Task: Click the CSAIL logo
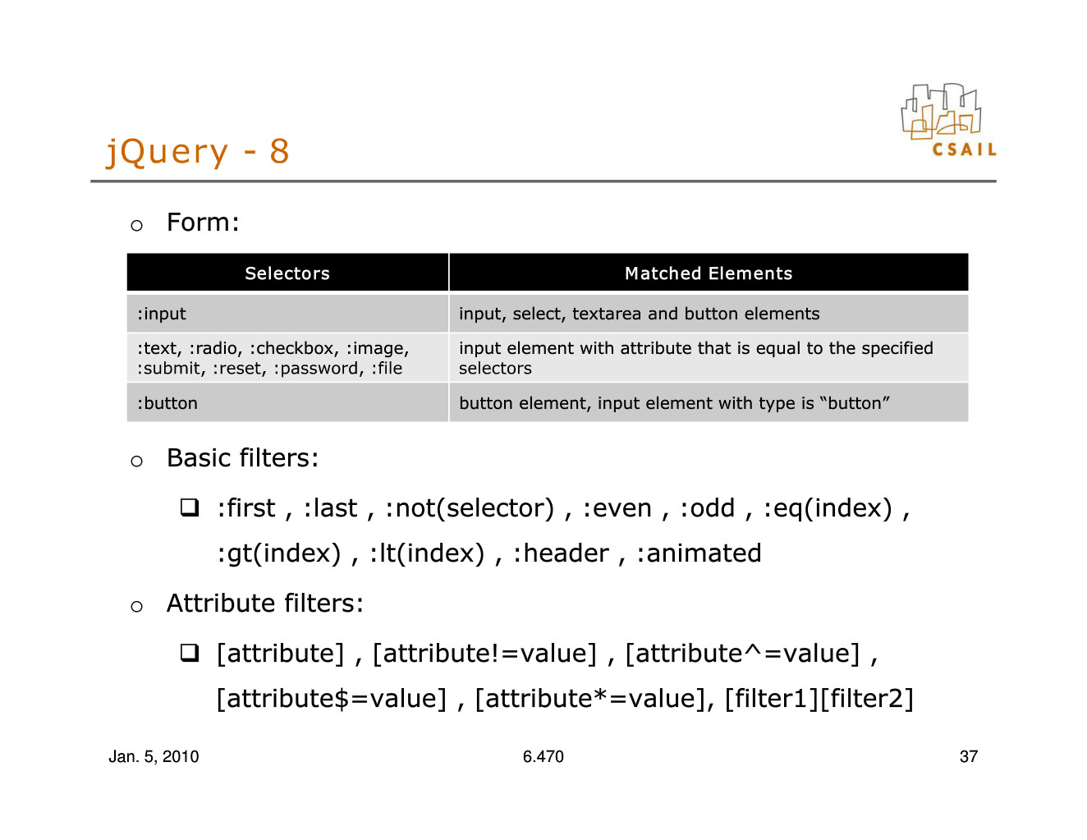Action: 948,120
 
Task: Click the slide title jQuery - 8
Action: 198,152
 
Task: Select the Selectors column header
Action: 287,273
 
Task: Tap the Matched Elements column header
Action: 709,273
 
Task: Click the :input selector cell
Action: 287,314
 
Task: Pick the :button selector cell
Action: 287,402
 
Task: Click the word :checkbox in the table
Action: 294,348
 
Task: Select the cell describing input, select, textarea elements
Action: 709,314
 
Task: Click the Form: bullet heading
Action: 203,223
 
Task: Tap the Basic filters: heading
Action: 243,458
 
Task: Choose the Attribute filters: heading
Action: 265,603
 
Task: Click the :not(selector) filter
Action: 470,508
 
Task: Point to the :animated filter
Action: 699,553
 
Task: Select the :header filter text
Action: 561,553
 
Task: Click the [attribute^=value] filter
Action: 742,654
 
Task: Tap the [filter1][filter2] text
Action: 819,699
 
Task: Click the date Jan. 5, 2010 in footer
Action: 154,756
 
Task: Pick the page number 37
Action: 969,756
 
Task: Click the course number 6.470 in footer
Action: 543,756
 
